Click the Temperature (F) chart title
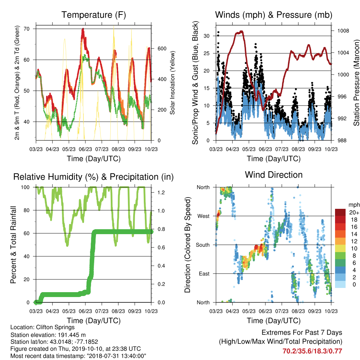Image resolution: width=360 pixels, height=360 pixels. (94, 15)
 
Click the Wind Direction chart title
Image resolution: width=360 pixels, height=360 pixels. (274, 175)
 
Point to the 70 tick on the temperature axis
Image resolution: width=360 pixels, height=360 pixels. (27, 29)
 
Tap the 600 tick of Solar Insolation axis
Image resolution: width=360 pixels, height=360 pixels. (162, 49)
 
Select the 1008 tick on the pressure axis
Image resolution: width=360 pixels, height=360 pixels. (343, 31)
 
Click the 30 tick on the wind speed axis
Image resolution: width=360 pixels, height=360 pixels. (206, 36)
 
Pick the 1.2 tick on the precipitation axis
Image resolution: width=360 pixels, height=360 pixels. (161, 192)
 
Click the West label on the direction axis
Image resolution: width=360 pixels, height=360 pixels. (204, 216)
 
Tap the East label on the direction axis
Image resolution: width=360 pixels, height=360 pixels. (204, 274)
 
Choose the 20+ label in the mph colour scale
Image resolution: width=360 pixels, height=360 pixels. (354, 213)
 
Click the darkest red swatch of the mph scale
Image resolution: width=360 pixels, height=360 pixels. (340, 212)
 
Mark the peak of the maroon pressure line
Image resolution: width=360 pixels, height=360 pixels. (241, 31)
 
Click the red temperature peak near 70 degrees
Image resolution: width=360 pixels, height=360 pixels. (83, 29)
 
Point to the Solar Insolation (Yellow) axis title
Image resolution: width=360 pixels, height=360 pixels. (172, 83)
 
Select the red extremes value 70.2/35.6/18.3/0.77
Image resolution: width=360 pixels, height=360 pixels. (312, 351)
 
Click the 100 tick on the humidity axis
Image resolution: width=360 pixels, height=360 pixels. (25, 187)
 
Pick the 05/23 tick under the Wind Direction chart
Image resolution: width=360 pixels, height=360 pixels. (249, 311)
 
